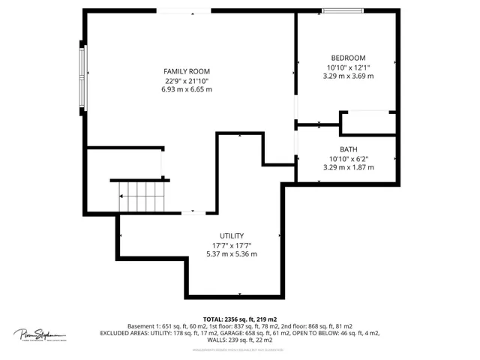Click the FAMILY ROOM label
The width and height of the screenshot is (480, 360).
187,70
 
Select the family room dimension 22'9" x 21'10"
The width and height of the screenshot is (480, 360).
187,80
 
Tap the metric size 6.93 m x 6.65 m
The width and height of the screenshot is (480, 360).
187,89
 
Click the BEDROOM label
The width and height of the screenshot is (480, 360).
348,58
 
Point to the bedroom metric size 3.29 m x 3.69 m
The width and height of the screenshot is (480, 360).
348,76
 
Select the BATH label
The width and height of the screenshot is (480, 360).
348,149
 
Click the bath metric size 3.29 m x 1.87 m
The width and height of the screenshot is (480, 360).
348,167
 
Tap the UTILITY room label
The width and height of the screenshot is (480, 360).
231,235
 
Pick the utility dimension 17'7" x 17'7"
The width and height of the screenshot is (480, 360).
231,245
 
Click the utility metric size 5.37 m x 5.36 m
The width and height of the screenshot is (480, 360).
231,254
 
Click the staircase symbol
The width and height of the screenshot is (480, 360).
141,198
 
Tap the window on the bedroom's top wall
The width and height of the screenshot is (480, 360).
343,10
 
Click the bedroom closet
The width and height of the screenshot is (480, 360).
368,123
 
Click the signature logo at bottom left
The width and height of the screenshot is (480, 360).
40,334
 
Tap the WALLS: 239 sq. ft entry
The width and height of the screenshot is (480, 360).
239,340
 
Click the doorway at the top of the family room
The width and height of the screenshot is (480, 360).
184,10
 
